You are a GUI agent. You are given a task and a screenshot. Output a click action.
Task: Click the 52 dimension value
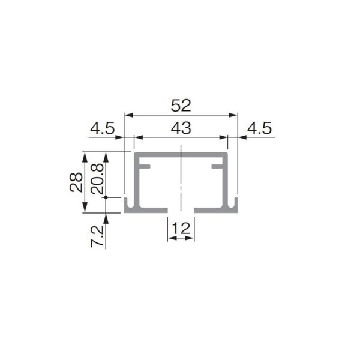click(x=181, y=106)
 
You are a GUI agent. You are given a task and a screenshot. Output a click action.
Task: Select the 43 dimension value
click(x=181, y=128)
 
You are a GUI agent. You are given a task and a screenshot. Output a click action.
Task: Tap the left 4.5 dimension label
click(x=102, y=128)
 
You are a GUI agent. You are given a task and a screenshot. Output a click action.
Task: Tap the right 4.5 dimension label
click(x=259, y=128)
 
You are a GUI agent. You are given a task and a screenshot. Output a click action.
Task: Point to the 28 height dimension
click(x=76, y=182)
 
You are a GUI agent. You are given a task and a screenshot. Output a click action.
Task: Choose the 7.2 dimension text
click(x=97, y=236)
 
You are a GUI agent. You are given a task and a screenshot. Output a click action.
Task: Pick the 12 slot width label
click(x=181, y=228)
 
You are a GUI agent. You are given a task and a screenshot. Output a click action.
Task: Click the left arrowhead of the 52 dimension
click(x=128, y=115)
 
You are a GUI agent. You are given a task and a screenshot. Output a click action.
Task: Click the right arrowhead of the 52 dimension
click(x=233, y=115)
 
